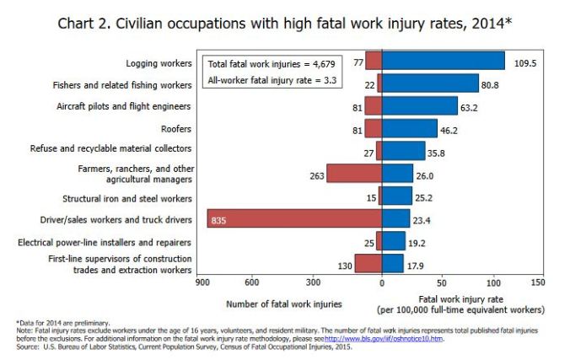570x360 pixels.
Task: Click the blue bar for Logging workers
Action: [x=443, y=61]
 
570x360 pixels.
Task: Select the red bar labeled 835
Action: [x=294, y=219]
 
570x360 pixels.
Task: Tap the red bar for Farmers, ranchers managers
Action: [x=353, y=174]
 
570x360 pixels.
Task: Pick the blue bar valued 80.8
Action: [x=430, y=83]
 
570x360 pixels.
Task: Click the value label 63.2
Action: [x=471, y=107]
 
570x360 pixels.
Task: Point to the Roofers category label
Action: [x=175, y=129]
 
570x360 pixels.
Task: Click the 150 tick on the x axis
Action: [x=538, y=282]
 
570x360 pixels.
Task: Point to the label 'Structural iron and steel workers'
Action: [x=127, y=199]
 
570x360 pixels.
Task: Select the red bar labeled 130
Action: [x=368, y=264]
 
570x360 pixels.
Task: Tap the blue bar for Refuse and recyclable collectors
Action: [x=403, y=151]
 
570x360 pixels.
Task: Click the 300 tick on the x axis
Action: [x=314, y=282]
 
